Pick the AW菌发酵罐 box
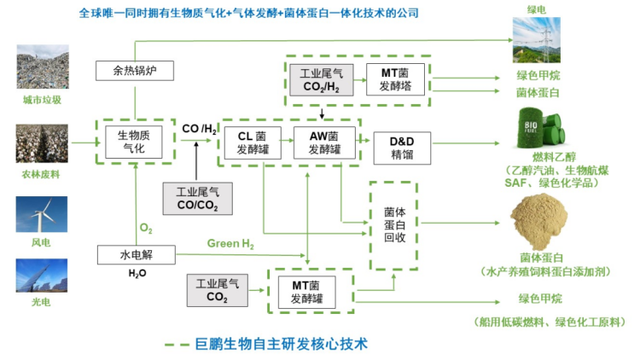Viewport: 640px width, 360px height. (x=317, y=142)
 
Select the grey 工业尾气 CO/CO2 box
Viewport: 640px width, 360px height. (x=196, y=197)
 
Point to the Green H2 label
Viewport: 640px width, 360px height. (x=230, y=244)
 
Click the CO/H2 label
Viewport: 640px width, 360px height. (x=199, y=128)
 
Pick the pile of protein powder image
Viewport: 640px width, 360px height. (x=542, y=220)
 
